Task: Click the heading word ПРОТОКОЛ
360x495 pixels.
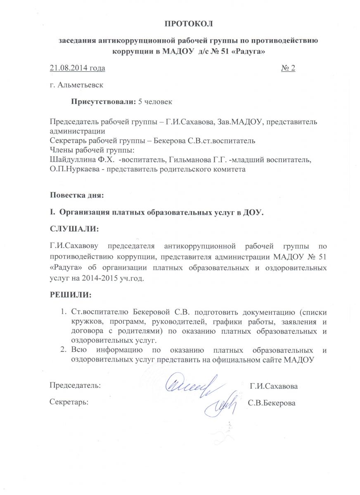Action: [x=189, y=24]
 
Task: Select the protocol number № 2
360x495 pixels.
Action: [x=288, y=68]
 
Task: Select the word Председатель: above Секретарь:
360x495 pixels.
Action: [x=74, y=386]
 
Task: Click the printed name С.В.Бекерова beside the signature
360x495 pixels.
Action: [x=271, y=403]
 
